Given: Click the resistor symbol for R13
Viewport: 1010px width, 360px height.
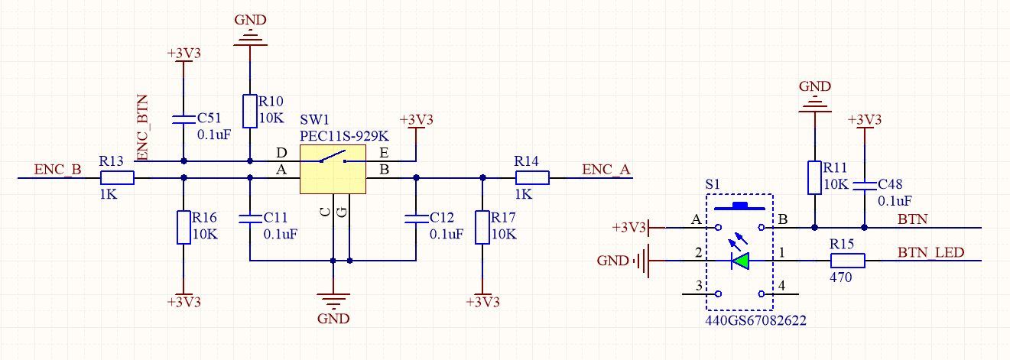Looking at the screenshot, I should [x=117, y=178].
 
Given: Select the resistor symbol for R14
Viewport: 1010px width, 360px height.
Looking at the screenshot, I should [x=532, y=178].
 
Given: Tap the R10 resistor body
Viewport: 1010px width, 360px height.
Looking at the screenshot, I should [x=250, y=111].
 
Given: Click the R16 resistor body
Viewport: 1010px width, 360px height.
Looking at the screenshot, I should [x=183, y=227].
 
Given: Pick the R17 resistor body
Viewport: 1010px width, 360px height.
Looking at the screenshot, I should [x=482, y=227].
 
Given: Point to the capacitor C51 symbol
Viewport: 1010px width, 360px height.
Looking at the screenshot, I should [x=183, y=118].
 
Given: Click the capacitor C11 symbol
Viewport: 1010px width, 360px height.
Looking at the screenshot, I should [x=250, y=219].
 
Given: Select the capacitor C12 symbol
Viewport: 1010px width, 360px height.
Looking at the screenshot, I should [x=416, y=219].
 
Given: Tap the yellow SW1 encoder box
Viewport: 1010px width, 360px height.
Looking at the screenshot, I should [x=333, y=171].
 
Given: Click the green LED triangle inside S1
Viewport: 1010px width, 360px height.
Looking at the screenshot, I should [x=740, y=261].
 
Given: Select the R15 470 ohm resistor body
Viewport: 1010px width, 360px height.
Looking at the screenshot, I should [x=847, y=261].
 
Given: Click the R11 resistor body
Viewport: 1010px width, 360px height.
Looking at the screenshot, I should [x=814, y=177].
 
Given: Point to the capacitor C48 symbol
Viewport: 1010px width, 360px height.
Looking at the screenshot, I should [x=865, y=185].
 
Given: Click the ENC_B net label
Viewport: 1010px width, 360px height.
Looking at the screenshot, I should [x=57, y=170].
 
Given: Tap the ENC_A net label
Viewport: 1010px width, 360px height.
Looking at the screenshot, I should [x=606, y=170].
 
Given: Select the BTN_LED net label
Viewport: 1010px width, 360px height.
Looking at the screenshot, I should [x=930, y=252].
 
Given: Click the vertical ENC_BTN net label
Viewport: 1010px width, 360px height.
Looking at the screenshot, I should [x=141, y=128].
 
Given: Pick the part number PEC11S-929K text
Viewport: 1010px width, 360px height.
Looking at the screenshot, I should [x=344, y=135].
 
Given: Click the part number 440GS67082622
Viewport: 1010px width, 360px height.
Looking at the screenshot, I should [x=755, y=321].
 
